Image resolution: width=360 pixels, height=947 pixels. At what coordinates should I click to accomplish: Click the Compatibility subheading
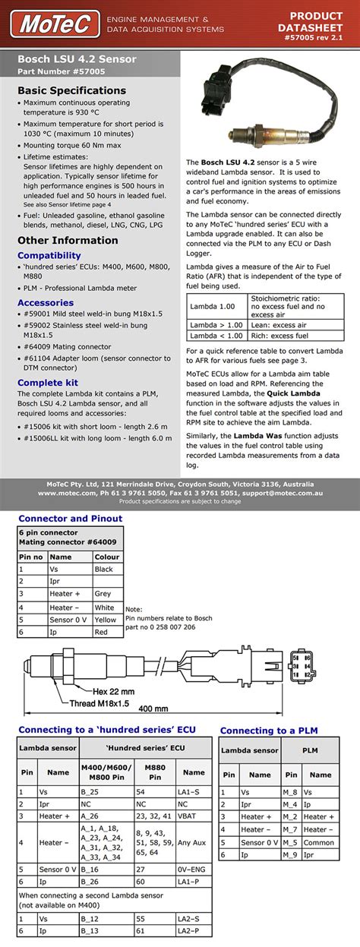pos(49,256)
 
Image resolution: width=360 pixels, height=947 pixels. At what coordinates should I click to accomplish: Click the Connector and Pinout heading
pos(70,519)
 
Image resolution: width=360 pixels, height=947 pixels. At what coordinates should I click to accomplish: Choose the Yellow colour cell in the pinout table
pos(106,620)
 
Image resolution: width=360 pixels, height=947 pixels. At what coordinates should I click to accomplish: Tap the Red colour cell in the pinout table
pos(102,632)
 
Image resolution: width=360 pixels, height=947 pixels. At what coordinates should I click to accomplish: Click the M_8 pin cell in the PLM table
pos(290,792)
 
